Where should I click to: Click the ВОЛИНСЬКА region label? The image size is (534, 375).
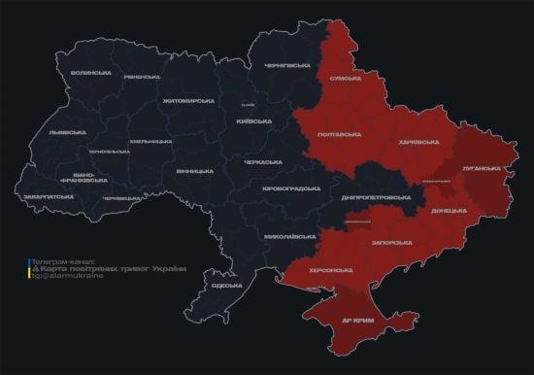click(x=91, y=74)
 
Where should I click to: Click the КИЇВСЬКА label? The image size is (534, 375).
click(x=251, y=121)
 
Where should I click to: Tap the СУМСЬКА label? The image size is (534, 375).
click(x=347, y=78)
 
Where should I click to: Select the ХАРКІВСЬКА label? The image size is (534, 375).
click(x=419, y=143)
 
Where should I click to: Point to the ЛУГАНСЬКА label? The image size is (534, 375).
click(x=482, y=167)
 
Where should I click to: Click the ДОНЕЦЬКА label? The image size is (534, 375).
click(x=449, y=210)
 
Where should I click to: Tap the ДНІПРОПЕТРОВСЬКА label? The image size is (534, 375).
click(x=374, y=197)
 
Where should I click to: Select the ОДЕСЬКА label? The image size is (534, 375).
click(x=226, y=286)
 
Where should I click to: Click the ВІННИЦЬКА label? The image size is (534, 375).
click(x=195, y=171)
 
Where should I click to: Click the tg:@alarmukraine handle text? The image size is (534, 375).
click(x=64, y=277)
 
